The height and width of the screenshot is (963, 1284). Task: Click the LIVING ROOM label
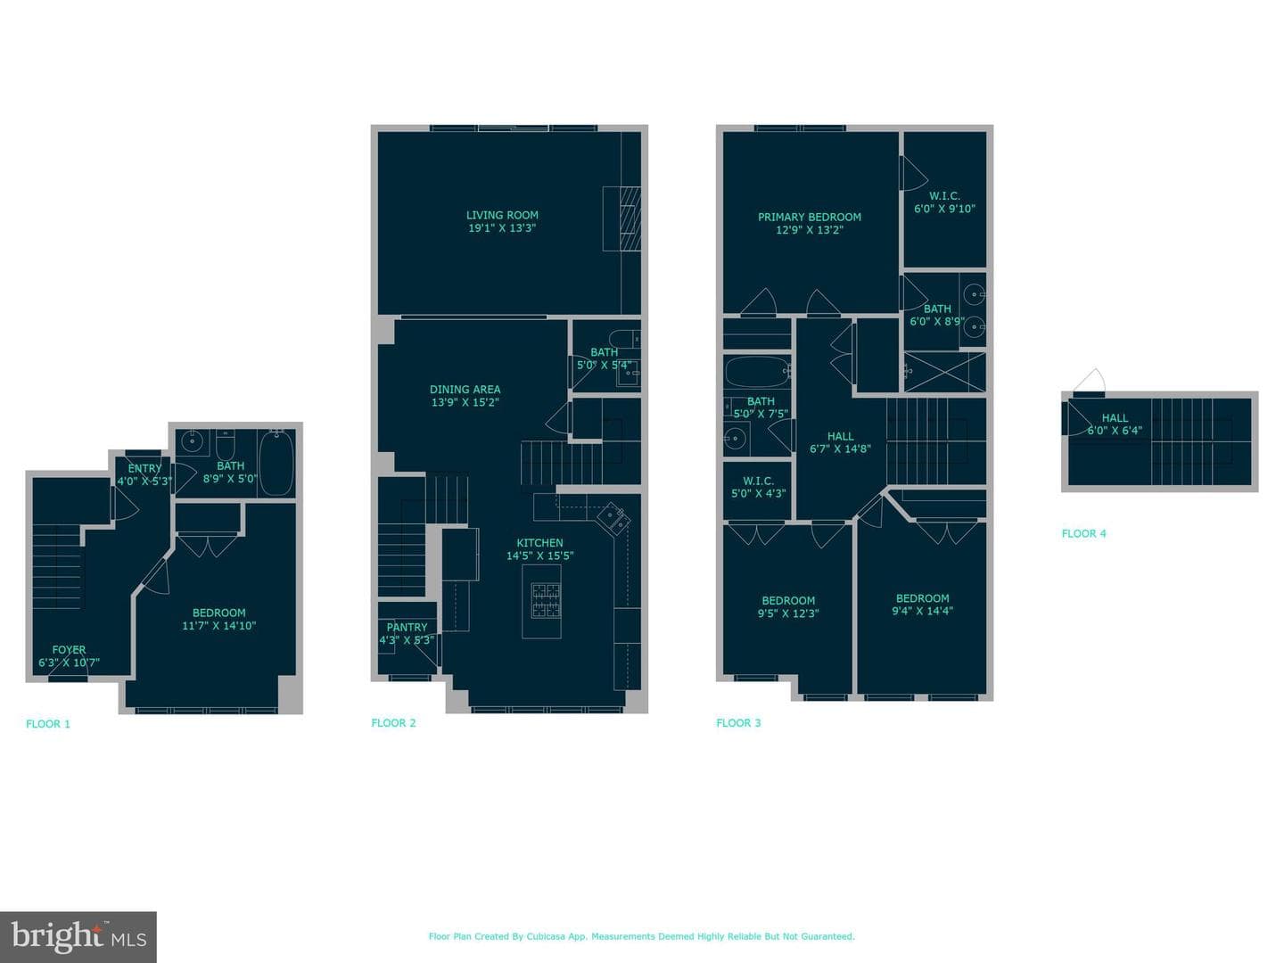[x=502, y=215]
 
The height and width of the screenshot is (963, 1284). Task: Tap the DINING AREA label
[x=465, y=390]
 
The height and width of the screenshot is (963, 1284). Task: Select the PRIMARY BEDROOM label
[x=809, y=217]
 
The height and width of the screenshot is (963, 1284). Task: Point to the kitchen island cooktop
[x=545, y=600]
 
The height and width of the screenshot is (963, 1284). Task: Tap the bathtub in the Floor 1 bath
[x=276, y=462]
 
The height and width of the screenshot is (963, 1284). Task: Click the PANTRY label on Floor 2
[x=407, y=628]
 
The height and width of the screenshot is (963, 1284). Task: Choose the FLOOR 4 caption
[x=1083, y=533]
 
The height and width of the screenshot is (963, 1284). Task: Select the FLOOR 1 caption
[x=48, y=724]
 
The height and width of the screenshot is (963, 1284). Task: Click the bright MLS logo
[x=78, y=936]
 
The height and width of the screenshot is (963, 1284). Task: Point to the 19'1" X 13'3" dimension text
[x=502, y=228]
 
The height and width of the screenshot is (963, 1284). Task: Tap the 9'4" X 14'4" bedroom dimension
[x=923, y=611]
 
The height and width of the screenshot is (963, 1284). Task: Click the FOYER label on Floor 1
[x=69, y=650]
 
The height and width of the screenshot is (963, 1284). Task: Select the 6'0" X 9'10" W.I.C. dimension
[x=944, y=209]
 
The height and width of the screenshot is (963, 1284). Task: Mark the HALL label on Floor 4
[x=1115, y=418]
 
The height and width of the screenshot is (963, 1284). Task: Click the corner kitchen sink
[x=614, y=518]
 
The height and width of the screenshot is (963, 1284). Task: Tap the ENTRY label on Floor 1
[x=144, y=468]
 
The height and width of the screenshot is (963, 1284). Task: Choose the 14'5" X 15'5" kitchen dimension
[x=540, y=556]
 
